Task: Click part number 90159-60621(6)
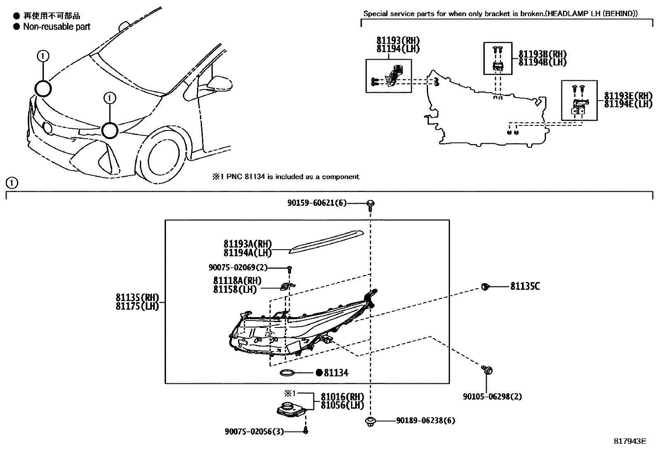pyautogui.click(x=317, y=203)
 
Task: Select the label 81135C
pyautogui.click(x=525, y=286)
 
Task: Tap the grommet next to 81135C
pyautogui.click(x=485, y=286)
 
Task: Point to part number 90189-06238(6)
pyautogui.click(x=426, y=421)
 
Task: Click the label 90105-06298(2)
pyautogui.click(x=492, y=397)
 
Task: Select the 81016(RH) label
pyautogui.click(x=342, y=397)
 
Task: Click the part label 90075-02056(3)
pyautogui.click(x=254, y=431)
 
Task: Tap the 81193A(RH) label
pyautogui.click(x=248, y=244)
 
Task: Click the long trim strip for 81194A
pyautogui.click(x=327, y=241)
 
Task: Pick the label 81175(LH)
pyautogui.click(x=137, y=307)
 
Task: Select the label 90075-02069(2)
pyautogui.click(x=238, y=267)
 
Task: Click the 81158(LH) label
pyautogui.click(x=235, y=289)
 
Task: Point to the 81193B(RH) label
pyautogui.click(x=542, y=54)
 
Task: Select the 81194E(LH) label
pyautogui.click(x=628, y=104)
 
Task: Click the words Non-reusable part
pyautogui.click(x=56, y=27)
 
